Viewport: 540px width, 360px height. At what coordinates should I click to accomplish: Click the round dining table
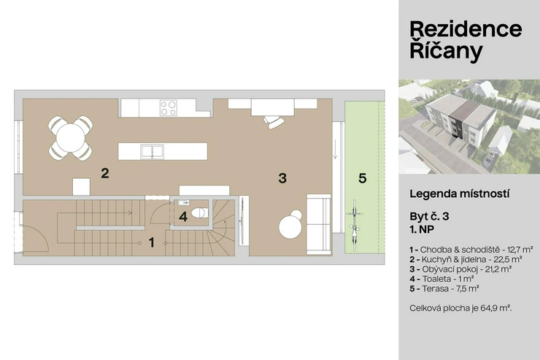[x=70, y=138]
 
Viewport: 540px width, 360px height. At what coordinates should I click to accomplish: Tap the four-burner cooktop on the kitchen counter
[x=169, y=108]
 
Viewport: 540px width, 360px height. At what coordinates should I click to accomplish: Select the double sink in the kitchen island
[x=152, y=152]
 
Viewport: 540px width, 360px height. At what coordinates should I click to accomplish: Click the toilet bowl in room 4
[x=199, y=213]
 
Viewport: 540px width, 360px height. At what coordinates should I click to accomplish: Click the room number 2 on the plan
[x=105, y=173]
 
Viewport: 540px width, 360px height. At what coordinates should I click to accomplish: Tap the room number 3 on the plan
[x=282, y=178]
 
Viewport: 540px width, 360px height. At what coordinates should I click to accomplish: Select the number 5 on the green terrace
[x=362, y=178]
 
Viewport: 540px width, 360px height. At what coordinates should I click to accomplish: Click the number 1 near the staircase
[x=152, y=242]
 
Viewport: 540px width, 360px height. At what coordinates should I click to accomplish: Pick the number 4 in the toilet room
[x=183, y=217]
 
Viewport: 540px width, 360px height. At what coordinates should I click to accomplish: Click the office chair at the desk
[x=274, y=122]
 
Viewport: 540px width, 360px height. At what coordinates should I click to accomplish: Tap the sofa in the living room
[x=319, y=224]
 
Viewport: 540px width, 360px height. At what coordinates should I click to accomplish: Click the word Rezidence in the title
[x=466, y=29]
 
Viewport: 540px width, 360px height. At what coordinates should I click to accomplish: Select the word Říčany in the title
[x=446, y=50]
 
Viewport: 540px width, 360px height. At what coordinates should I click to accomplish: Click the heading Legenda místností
[x=460, y=194]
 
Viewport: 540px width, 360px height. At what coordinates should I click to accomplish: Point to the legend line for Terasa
[x=444, y=288]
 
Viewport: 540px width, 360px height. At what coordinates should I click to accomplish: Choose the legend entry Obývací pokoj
[x=460, y=269]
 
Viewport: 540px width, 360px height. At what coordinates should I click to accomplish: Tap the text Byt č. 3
[x=429, y=217]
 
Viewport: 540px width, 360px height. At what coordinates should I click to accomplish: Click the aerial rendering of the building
[x=469, y=126]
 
